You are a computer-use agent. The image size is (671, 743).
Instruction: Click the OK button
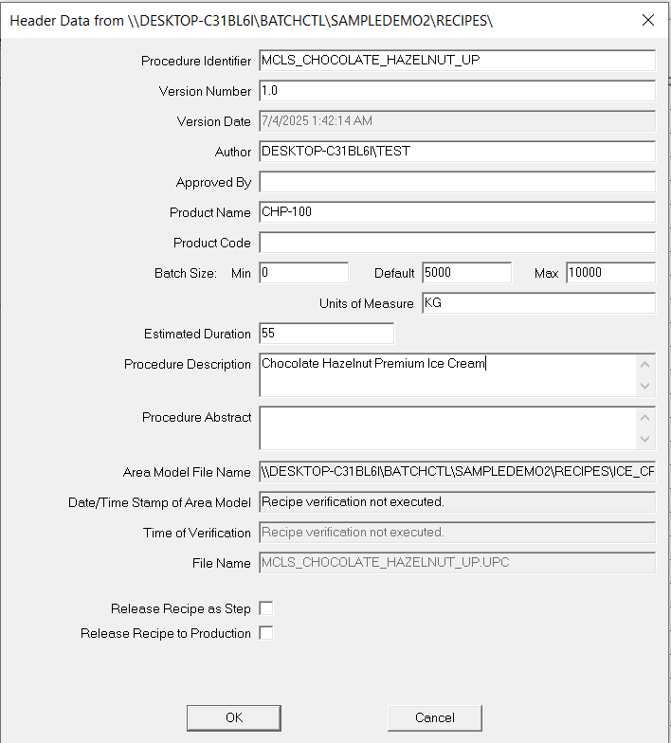click(x=234, y=717)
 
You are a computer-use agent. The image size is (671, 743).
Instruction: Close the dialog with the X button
click(x=648, y=20)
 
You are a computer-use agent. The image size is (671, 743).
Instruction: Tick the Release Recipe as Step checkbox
click(x=266, y=608)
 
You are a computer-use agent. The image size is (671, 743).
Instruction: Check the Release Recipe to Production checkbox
click(x=266, y=633)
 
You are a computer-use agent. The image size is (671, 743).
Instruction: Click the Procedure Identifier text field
click(x=457, y=61)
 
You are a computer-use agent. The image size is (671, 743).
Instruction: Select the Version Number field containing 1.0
click(x=457, y=91)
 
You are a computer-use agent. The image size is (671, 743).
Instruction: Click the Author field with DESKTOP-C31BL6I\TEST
click(x=457, y=152)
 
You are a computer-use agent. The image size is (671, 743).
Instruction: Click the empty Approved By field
click(x=457, y=182)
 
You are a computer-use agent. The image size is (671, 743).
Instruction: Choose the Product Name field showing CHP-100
click(x=457, y=212)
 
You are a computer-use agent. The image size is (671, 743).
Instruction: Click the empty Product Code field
click(x=457, y=243)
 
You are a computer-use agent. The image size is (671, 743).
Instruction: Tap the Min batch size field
click(x=303, y=273)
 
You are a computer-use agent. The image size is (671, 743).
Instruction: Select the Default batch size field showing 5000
click(x=466, y=273)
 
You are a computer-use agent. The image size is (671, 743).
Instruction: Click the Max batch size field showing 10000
click(x=610, y=273)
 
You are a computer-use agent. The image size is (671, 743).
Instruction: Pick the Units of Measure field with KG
click(x=538, y=303)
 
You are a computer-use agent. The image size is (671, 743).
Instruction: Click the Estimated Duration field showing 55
click(x=326, y=334)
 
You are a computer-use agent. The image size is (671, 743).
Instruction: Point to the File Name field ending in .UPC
click(x=457, y=563)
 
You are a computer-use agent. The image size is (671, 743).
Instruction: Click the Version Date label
click(x=213, y=121)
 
